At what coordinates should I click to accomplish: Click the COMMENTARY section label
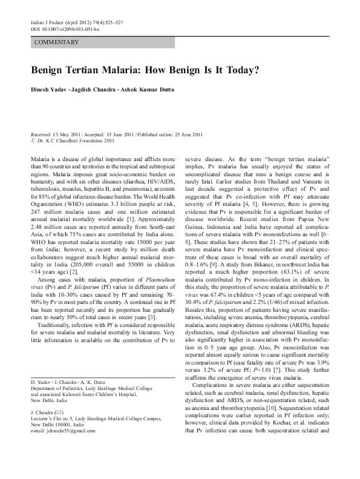[x=57, y=42]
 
